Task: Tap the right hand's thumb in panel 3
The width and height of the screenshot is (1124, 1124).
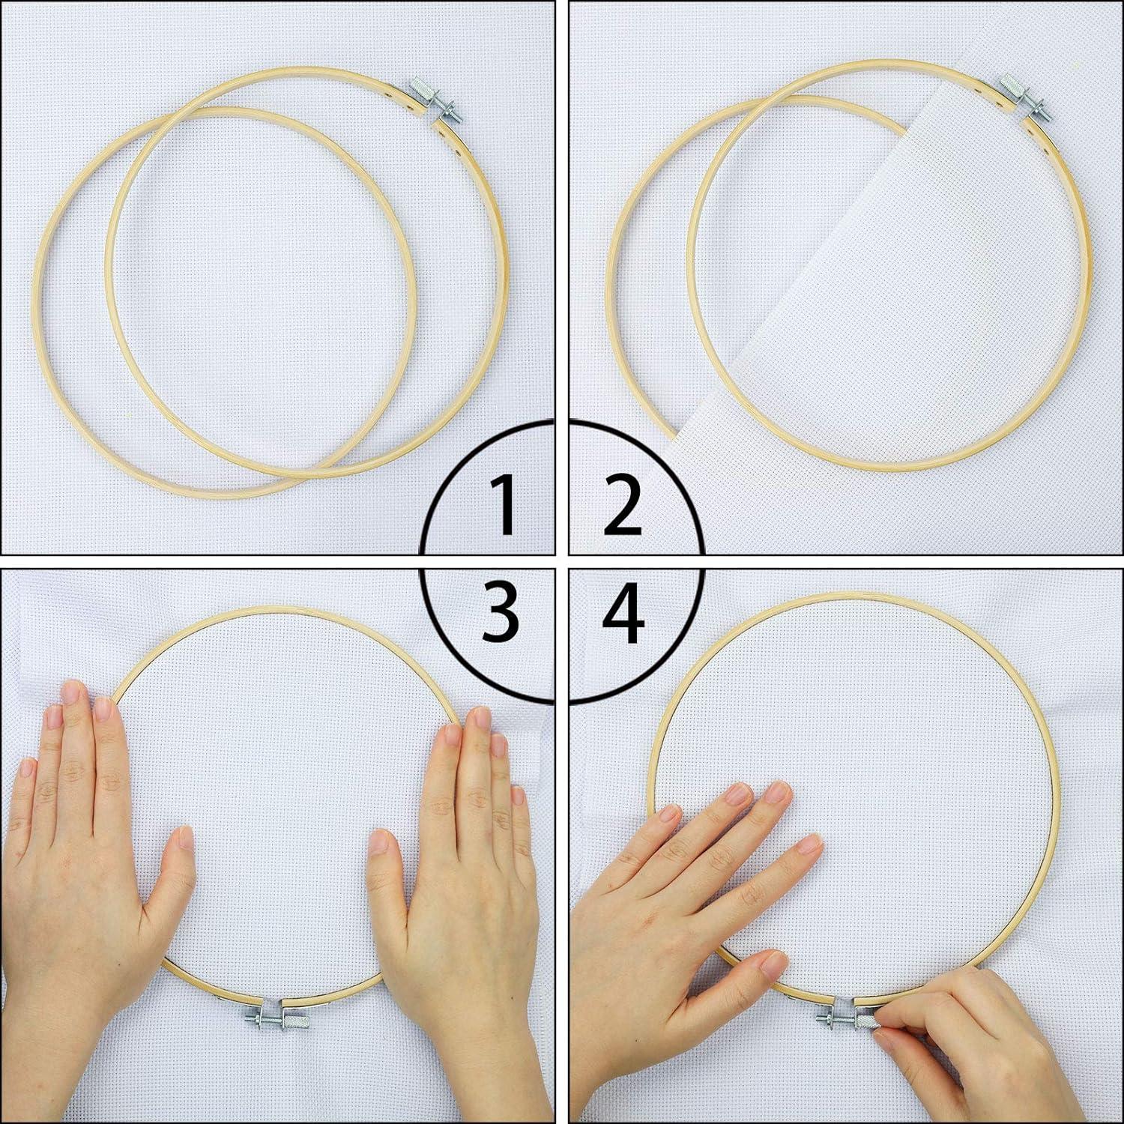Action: [x=384, y=854]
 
